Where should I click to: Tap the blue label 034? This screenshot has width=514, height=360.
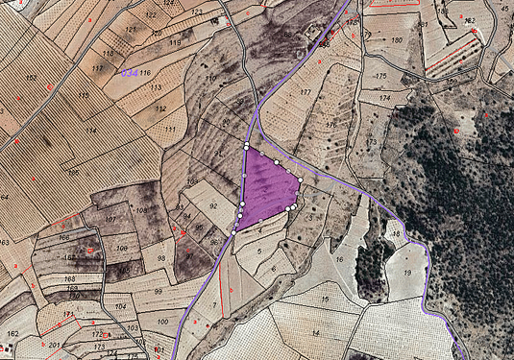pyautogui.click(x=129, y=73)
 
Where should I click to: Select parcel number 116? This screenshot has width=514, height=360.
pyautogui.click(x=146, y=73)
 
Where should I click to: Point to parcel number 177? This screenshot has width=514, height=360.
pyautogui.click(x=306, y=92)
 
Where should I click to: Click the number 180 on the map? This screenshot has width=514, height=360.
pyautogui.click(x=397, y=40)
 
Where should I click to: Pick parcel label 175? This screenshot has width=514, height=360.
pyautogui.click(x=380, y=76)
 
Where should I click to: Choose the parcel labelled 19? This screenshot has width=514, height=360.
pyautogui.click(x=407, y=273)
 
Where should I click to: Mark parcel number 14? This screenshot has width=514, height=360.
pyautogui.click(x=314, y=332)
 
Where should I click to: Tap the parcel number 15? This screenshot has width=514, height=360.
pyautogui.click(x=325, y=300)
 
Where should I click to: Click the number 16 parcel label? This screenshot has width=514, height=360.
pyautogui.click(x=339, y=260)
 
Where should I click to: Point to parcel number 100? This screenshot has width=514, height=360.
pyautogui.click(x=162, y=322)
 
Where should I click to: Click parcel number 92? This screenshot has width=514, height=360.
pyautogui.click(x=213, y=205)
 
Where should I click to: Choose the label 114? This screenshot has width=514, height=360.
pyautogui.click(x=91, y=131)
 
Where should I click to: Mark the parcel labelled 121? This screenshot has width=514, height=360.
pyautogui.click(x=131, y=30)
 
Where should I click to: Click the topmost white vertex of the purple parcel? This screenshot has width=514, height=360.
pyautogui.click(x=247, y=146)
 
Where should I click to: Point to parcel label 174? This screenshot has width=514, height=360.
pyautogui.click(x=384, y=98)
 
